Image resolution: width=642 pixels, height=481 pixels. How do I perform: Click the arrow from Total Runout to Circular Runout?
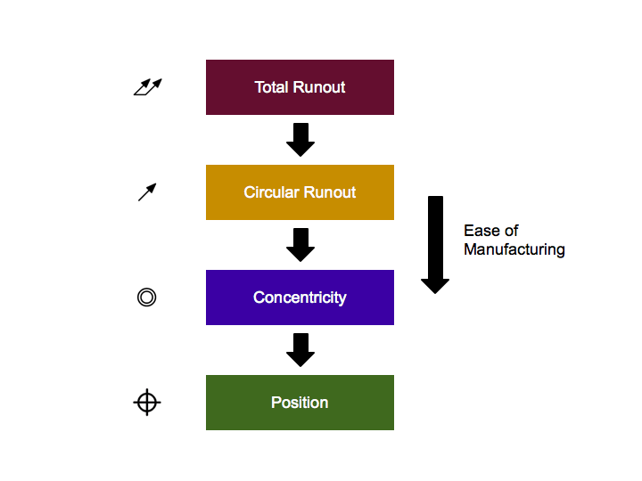pos(300,140)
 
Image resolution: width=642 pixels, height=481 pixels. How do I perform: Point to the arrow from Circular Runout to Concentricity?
pos(300,245)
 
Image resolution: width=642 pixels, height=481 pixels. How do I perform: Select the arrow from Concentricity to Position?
pos(300,350)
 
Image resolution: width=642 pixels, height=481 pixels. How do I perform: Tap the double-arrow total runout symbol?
pos(147,86)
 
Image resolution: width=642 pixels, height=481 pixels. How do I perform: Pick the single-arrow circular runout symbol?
pos(147,192)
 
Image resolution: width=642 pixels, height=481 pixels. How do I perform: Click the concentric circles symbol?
pos(147,298)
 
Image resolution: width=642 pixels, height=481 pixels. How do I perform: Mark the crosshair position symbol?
pos(147,403)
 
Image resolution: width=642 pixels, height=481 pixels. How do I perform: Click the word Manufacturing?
pos(514,249)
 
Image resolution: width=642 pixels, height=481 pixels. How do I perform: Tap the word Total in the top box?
pos(271,87)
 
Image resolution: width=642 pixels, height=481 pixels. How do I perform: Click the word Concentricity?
pos(300,298)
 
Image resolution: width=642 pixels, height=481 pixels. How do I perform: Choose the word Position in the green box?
pos(300,403)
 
